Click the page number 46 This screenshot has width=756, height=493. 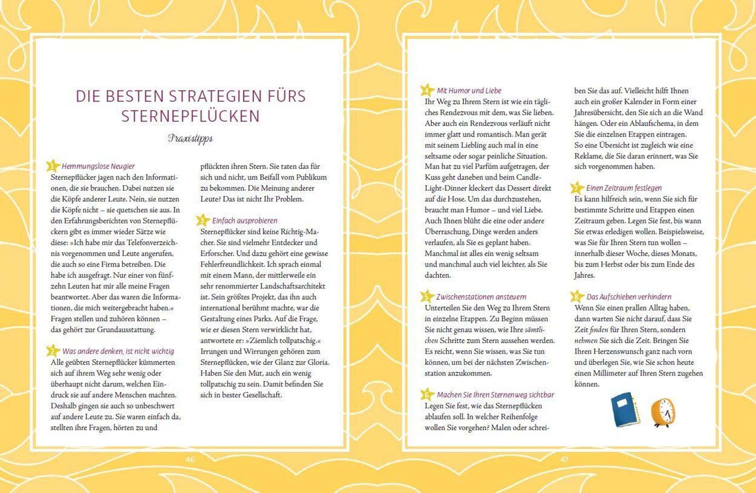tap(190, 459)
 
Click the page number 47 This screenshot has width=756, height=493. tap(564, 459)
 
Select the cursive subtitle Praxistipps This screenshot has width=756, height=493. tap(190, 139)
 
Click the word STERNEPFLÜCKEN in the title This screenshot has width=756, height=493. tap(190, 116)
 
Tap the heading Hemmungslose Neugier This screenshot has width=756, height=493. tap(98, 166)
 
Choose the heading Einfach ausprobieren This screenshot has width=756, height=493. tap(244, 221)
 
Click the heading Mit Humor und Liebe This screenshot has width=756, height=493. tap(469, 90)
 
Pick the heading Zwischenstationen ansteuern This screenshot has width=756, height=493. tap(481, 297)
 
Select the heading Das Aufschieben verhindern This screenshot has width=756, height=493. tap(629, 297)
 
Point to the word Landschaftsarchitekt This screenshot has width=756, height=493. tap(292, 286)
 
